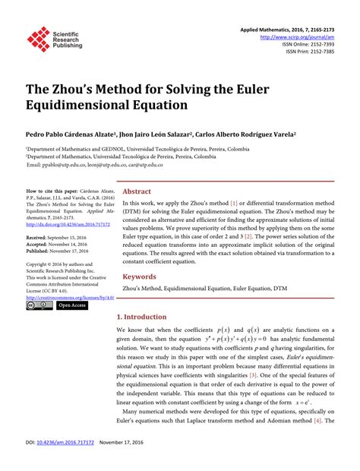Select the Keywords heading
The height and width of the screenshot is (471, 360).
[140, 277]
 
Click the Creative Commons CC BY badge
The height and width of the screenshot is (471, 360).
[39, 305]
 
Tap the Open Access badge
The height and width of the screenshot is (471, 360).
[73, 305]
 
